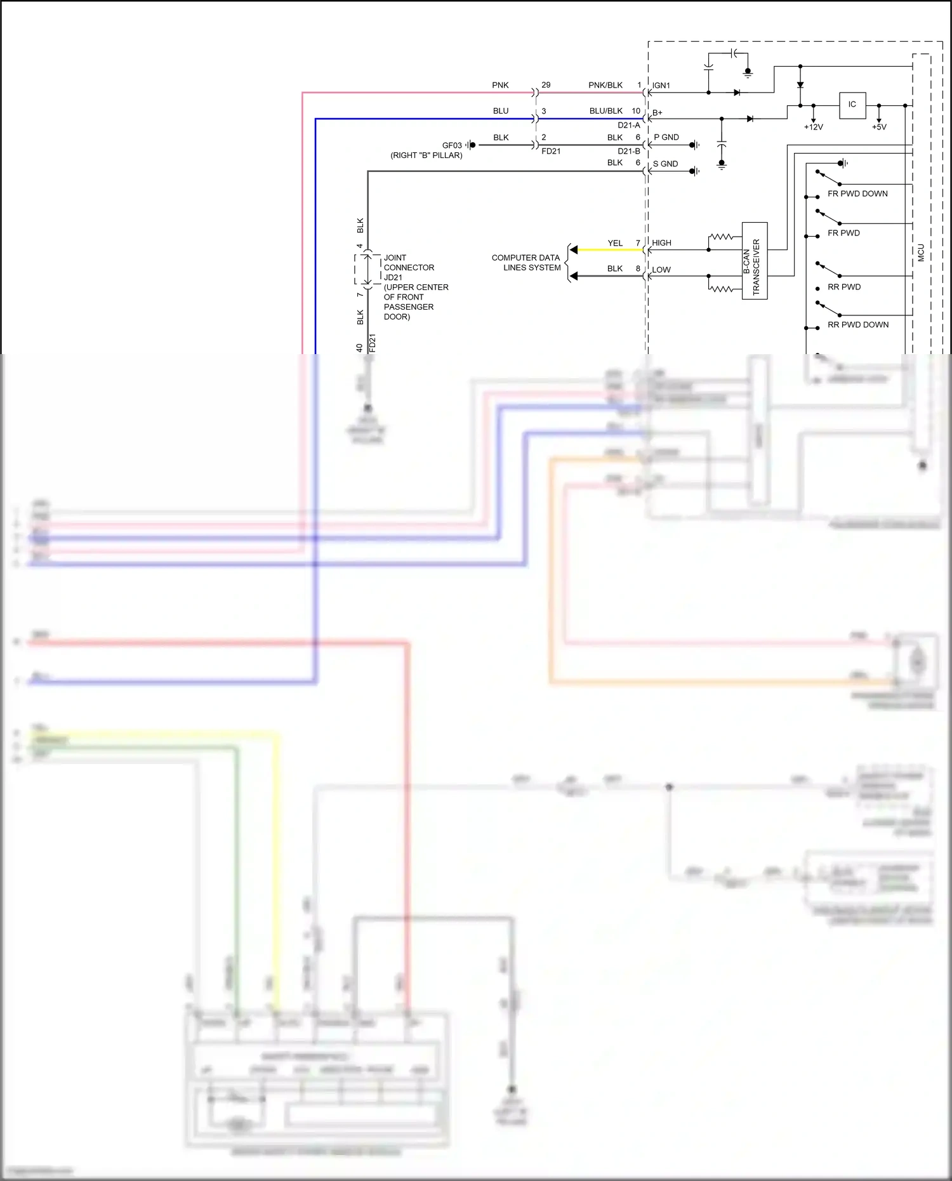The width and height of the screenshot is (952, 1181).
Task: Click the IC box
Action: tap(852, 105)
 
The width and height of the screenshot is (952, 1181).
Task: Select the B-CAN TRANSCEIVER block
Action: tap(755, 261)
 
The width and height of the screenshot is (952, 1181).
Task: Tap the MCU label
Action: tap(921, 253)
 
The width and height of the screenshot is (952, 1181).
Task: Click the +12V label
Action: tap(813, 127)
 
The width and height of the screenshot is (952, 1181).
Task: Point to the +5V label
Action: tap(879, 127)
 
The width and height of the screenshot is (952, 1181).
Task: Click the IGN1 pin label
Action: tap(661, 86)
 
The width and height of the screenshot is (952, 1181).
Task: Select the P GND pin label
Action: tap(666, 137)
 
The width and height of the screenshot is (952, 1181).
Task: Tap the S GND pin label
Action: tap(665, 164)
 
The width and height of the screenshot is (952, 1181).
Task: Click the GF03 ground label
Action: tap(452, 145)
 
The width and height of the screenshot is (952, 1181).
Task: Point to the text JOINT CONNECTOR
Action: tap(409, 263)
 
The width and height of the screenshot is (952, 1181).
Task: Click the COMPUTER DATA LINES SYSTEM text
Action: tap(526, 263)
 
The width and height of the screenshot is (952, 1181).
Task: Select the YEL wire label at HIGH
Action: tap(615, 243)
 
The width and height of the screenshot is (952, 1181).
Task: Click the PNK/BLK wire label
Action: tap(605, 85)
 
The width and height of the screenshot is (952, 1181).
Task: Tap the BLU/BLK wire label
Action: tap(605, 111)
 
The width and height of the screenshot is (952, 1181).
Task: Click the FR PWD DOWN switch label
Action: tap(857, 194)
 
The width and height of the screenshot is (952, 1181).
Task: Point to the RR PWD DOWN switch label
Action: tap(858, 324)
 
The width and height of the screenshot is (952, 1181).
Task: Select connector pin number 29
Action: tap(546, 85)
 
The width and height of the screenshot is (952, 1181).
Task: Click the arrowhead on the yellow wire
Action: tap(574, 250)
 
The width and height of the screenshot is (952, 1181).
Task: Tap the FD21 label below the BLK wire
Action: tap(551, 151)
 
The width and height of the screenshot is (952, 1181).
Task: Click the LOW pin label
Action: tap(661, 270)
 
